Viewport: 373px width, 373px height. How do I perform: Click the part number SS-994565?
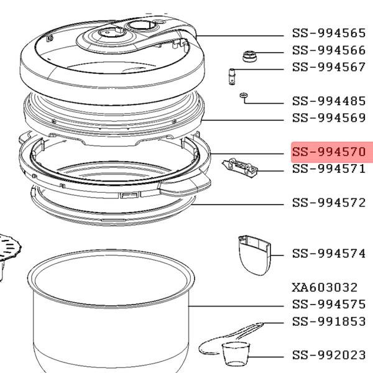click(x=329, y=33)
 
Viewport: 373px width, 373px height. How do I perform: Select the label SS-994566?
click(x=329, y=50)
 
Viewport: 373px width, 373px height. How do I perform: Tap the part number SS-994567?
click(x=329, y=67)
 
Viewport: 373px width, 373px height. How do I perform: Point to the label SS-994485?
click(x=329, y=101)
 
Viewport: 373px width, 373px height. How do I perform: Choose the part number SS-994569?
click(x=329, y=117)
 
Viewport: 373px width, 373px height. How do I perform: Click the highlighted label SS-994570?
click(x=329, y=152)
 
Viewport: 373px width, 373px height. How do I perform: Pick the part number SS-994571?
click(x=329, y=168)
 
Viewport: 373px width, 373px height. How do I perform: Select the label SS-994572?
click(x=329, y=203)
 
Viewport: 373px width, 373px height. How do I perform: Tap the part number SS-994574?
click(x=329, y=254)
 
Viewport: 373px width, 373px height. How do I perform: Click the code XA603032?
click(x=325, y=287)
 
